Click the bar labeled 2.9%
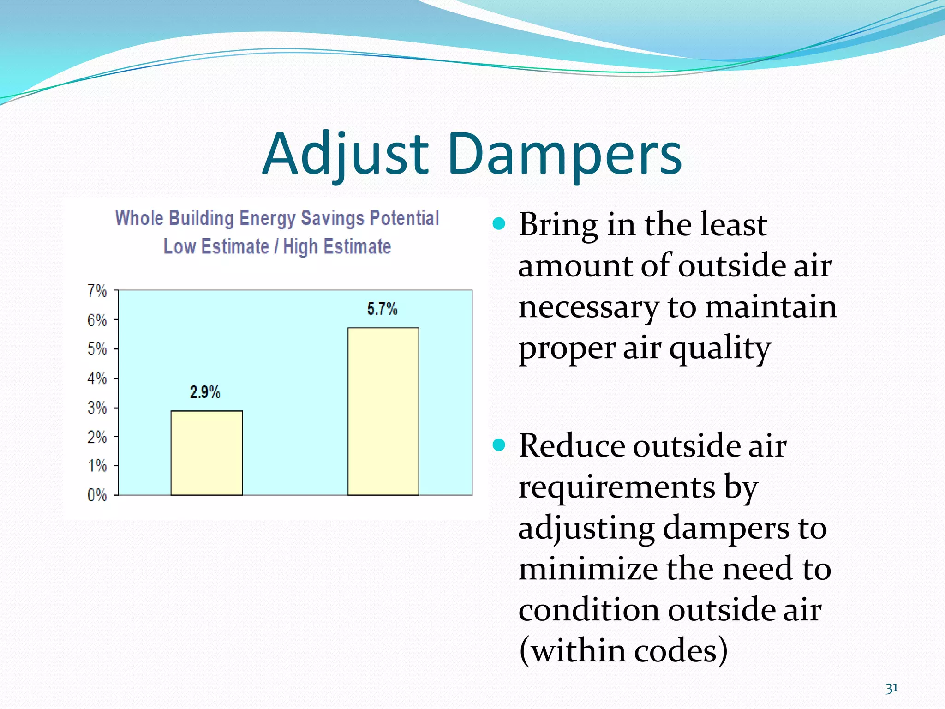pyautogui.click(x=206, y=453)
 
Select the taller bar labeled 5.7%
pyautogui.click(x=383, y=411)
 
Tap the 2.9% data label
pyautogui.click(x=205, y=392)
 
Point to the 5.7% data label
pyautogui.click(x=382, y=309)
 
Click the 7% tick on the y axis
pyautogui.click(x=97, y=291)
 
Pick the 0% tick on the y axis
pyautogui.click(x=97, y=495)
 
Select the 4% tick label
pyautogui.click(x=97, y=379)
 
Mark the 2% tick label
pyautogui.click(x=97, y=437)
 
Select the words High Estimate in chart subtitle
pyautogui.click(x=337, y=246)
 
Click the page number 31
pyautogui.click(x=891, y=688)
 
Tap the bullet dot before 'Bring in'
pyautogui.click(x=499, y=224)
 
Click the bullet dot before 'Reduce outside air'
pyautogui.click(x=499, y=445)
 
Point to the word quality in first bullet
pyautogui.click(x=719, y=348)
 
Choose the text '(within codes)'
pyautogui.click(x=623, y=650)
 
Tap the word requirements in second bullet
pyautogui.click(x=616, y=487)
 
